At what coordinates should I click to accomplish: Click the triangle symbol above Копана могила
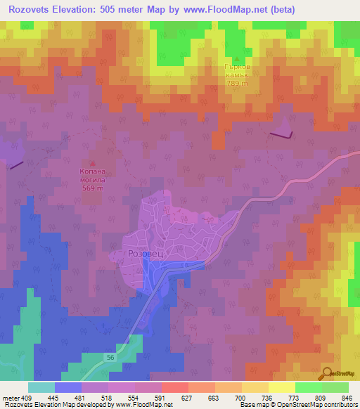(x=93, y=163)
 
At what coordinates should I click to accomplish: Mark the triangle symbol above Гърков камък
(x=236, y=59)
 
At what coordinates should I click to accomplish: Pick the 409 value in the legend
(x=27, y=397)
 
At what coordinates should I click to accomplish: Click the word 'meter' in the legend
(x=10, y=397)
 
